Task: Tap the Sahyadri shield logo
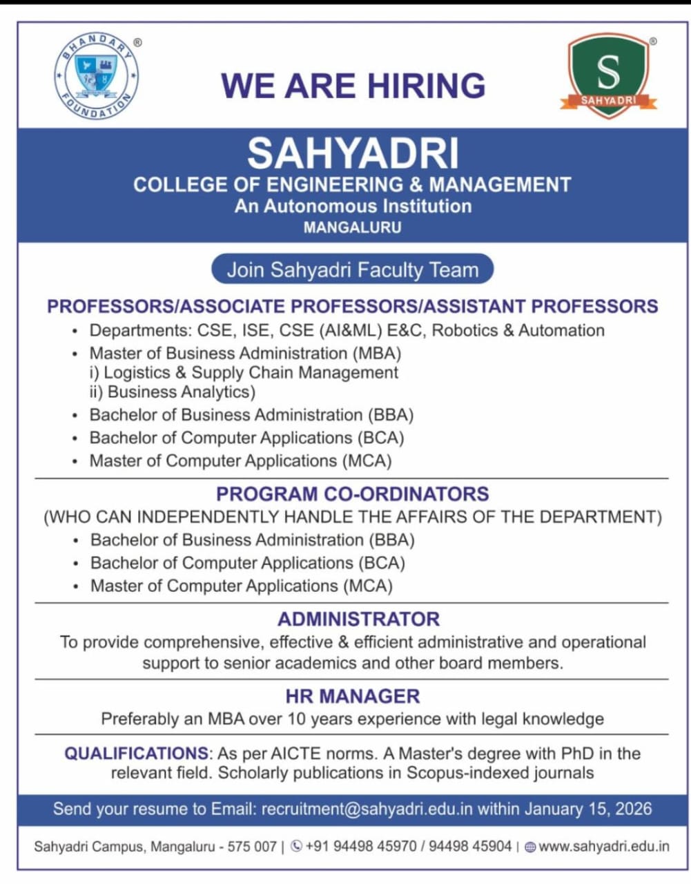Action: click(x=608, y=75)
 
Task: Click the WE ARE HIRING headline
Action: click(x=353, y=86)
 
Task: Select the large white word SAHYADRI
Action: click(x=353, y=153)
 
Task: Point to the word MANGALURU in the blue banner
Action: click(x=352, y=227)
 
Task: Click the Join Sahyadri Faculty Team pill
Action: click(x=352, y=269)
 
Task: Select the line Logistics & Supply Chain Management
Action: click(x=251, y=373)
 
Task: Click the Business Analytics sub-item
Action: click(x=182, y=392)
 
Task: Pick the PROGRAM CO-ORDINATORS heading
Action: click(x=352, y=494)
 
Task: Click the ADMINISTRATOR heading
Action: click(x=358, y=619)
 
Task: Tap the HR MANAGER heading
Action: click(x=353, y=696)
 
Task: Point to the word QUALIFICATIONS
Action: click(x=136, y=753)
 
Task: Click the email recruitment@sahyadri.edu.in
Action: click(x=367, y=809)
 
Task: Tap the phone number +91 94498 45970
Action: click(x=359, y=846)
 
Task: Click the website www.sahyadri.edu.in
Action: click(x=603, y=846)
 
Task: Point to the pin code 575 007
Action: click(x=252, y=846)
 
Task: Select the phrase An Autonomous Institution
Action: click(x=353, y=206)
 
